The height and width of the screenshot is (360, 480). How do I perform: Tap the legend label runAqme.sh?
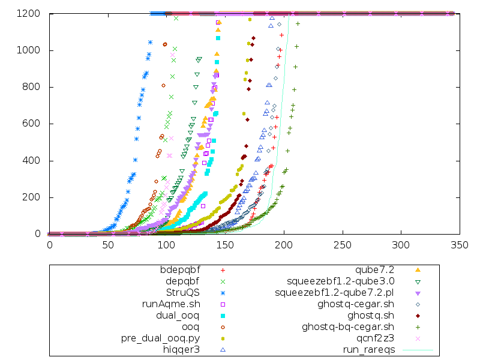coord(170,304)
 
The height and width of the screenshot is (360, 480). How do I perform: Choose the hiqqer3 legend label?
coord(181,349)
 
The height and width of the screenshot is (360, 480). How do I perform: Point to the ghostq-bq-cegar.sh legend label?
coord(347,326)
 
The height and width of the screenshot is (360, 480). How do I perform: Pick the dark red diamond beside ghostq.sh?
coord(418,315)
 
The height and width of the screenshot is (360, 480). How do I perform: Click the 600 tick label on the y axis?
coord(31,124)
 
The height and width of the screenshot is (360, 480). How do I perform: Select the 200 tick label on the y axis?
coord(31,197)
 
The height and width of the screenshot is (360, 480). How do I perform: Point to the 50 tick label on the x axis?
coord(108,245)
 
